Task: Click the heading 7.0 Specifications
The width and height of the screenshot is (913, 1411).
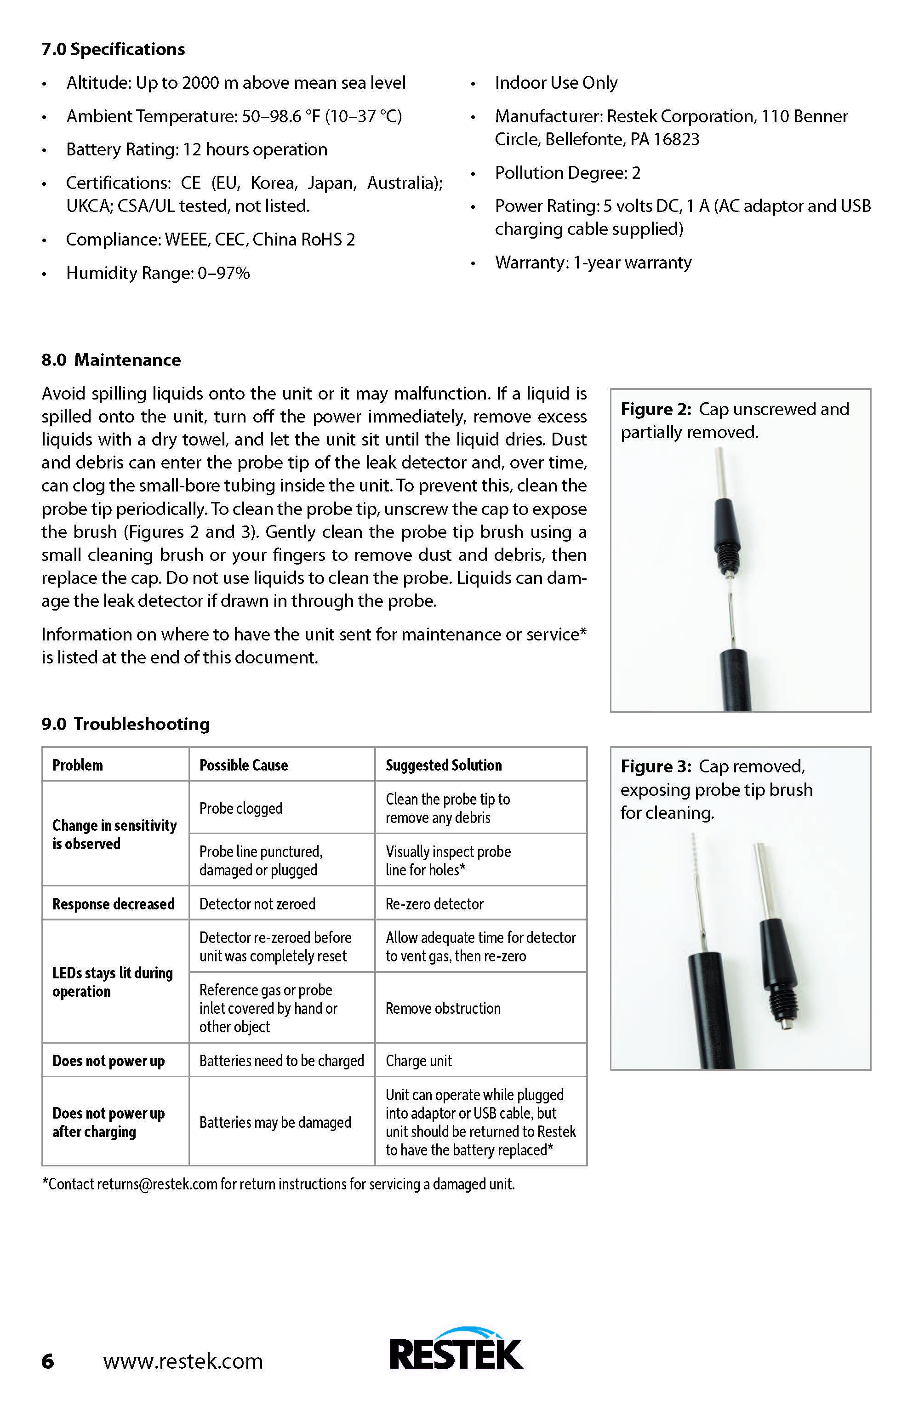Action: pyautogui.click(x=113, y=49)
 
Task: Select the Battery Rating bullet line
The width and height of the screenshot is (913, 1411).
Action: pyautogui.click(x=196, y=149)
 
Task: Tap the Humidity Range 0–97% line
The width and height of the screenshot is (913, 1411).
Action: pyautogui.click(x=158, y=273)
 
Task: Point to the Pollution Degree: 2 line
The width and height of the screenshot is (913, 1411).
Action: pyautogui.click(x=567, y=173)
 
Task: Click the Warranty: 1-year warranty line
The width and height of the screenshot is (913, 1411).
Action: pyautogui.click(x=593, y=263)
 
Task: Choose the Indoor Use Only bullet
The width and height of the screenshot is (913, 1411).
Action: pyautogui.click(x=556, y=83)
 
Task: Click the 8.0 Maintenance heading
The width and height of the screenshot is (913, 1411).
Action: pyautogui.click(x=111, y=360)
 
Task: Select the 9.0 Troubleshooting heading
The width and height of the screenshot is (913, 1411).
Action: pyautogui.click(x=125, y=724)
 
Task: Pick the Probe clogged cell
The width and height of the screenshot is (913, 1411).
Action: pyautogui.click(x=241, y=808)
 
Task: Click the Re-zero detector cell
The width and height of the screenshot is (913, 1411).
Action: pyautogui.click(x=434, y=903)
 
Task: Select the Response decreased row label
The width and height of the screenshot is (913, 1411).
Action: pyautogui.click(x=113, y=903)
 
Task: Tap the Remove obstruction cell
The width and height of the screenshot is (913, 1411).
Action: pyautogui.click(x=443, y=1008)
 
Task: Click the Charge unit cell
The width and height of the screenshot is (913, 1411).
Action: pyautogui.click(x=418, y=1061)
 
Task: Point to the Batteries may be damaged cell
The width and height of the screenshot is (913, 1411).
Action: pyautogui.click(x=275, y=1122)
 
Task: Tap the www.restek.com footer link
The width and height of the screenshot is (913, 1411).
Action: pyautogui.click(x=183, y=1361)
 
